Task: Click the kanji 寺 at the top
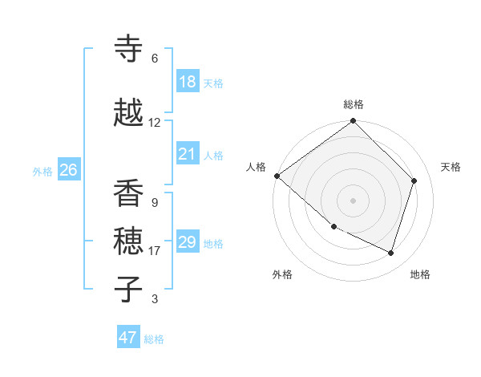[x=128, y=50]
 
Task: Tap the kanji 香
[x=128, y=194]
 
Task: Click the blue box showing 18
[x=188, y=82]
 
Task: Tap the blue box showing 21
[x=188, y=154]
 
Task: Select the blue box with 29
[x=188, y=242]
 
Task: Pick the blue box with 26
[x=68, y=170]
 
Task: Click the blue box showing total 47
[x=128, y=338]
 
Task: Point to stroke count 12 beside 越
[x=155, y=123]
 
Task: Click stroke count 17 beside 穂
[x=155, y=251]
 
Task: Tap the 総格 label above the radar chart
[x=354, y=104]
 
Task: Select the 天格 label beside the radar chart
[x=451, y=167]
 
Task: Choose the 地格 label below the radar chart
[x=420, y=274]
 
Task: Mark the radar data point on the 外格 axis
[x=333, y=227]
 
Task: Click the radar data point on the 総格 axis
[x=354, y=122]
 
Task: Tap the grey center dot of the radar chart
[x=354, y=200]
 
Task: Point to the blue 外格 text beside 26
[x=42, y=171]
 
